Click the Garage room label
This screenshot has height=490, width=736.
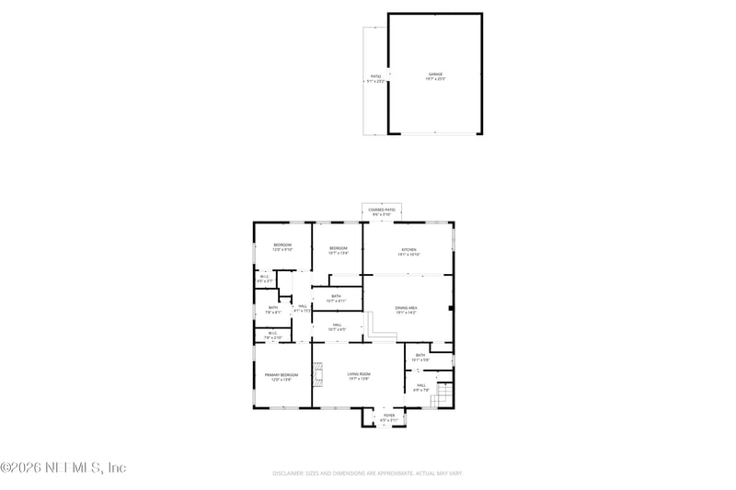pyautogui.click(x=435, y=75)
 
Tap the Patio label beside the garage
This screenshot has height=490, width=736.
pyautogui.click(x=375, y=78)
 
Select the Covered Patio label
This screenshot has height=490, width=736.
pyautogui.click(x=382, y=211)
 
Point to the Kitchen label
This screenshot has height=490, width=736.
pyautogui.click(x=408, y=251)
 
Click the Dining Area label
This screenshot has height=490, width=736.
pyautogui.click(x=407, y=310)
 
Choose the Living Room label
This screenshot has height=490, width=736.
pyautogui.click(x=359, y=375)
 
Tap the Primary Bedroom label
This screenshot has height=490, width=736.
pyautogui.click(x=282, y=376)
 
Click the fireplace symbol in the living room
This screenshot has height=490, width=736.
pyautogui.click(x=317, y=375)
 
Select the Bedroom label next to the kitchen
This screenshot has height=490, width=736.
pyautogui.click(x=339, y=249)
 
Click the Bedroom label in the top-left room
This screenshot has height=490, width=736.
pyautogui.click(x=282, y=246)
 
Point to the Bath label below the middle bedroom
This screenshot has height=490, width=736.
pyautogui.click(x=336, y=298)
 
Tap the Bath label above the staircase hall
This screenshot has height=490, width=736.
pyautogui.click(x=420, y=356)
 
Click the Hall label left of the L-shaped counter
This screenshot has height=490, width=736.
pyautogui.click(x=338, y=326)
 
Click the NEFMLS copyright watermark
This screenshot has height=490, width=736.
pyautogui.click(x=63, y=467)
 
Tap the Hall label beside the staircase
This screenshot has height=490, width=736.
pyautogui.click(x=420, y=386)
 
